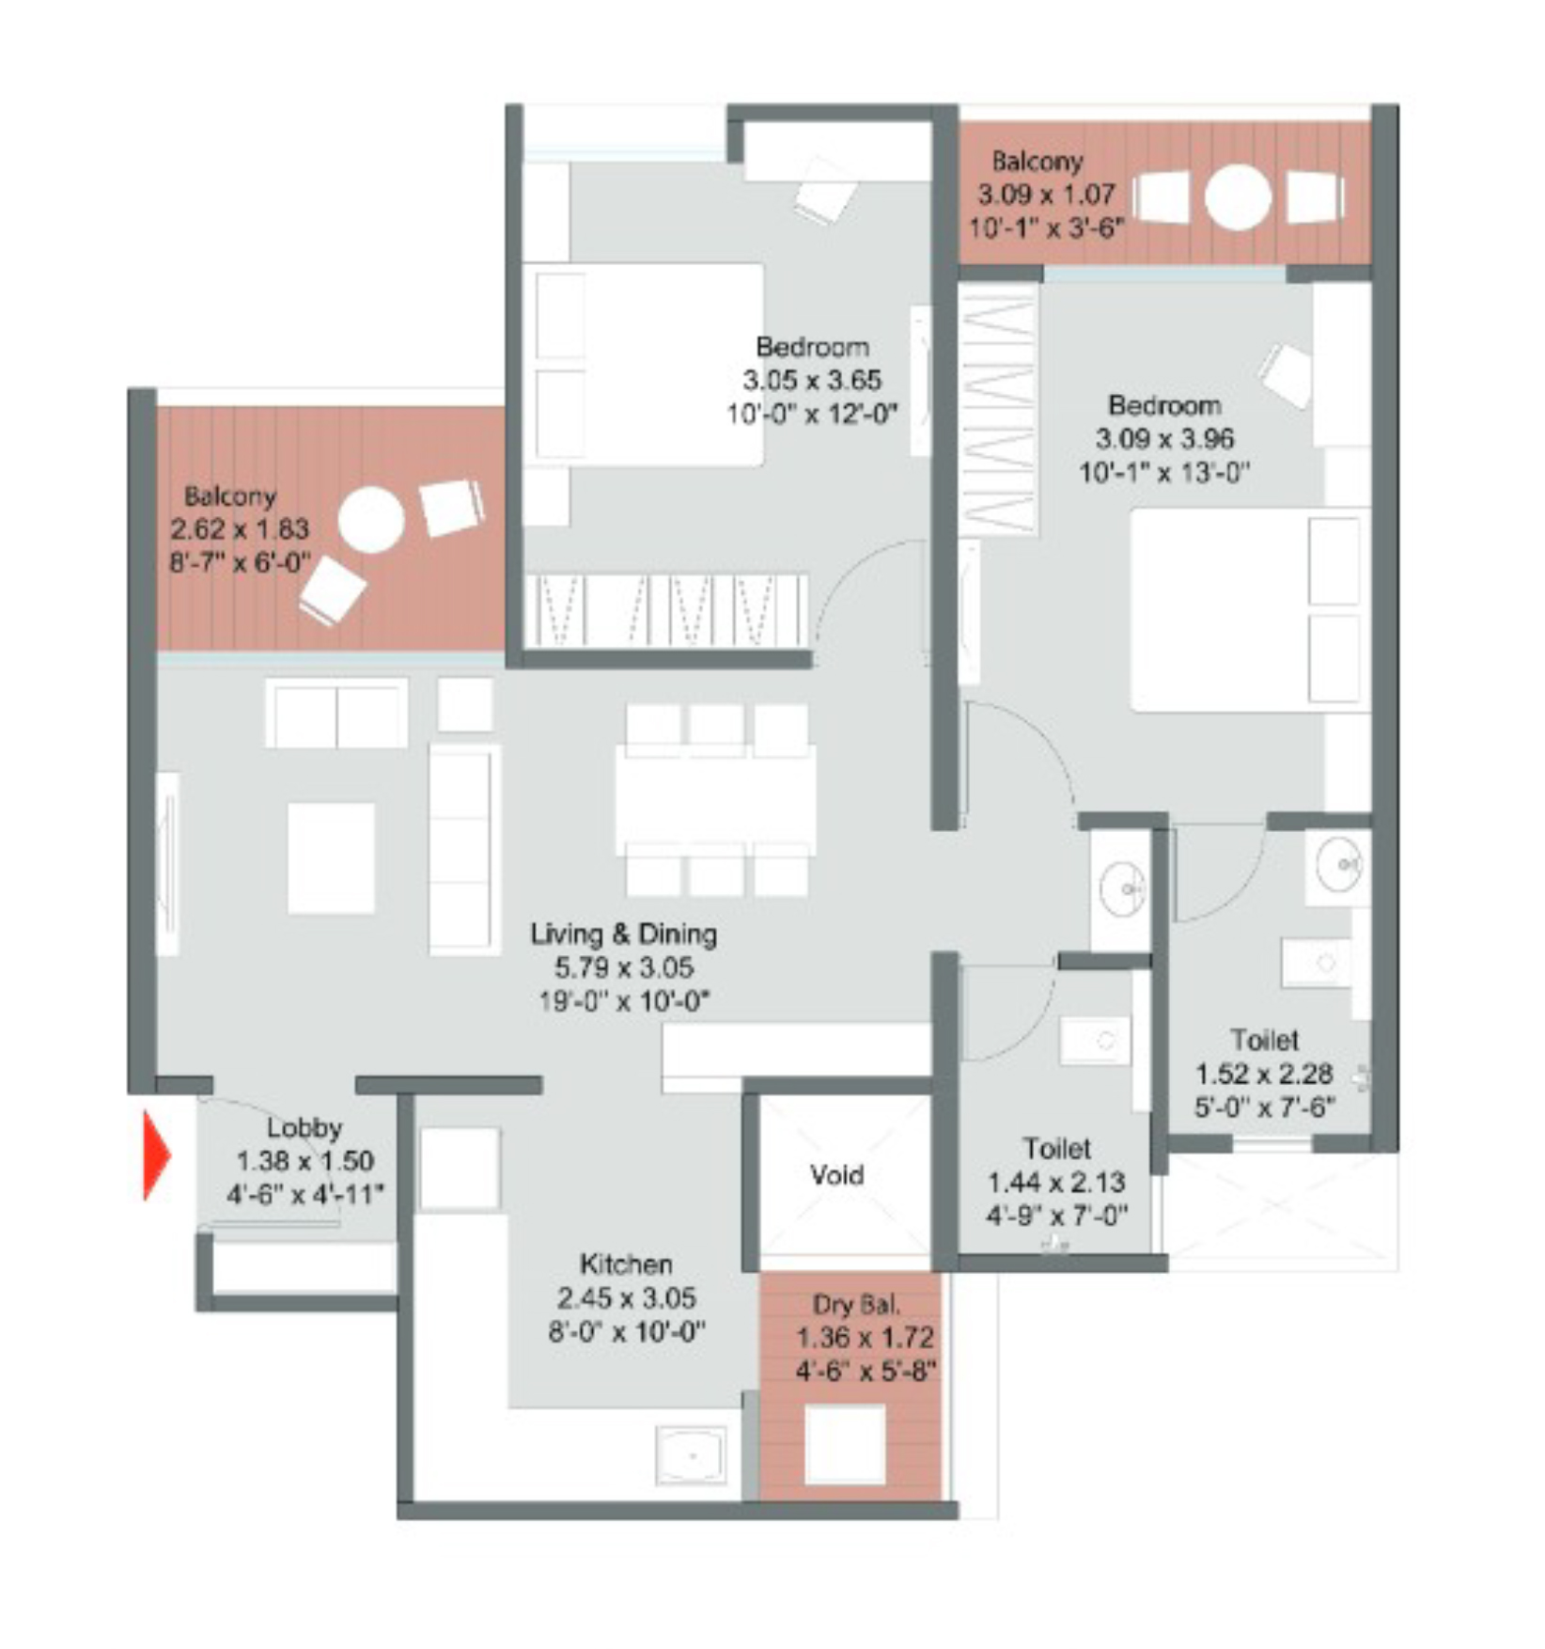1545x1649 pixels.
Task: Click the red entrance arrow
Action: [156, 1155]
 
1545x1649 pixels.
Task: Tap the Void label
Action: [836, 1174]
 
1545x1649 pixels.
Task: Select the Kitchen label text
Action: [626, 1264]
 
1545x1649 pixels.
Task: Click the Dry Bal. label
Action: [856, 1304]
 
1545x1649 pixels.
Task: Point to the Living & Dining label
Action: [624, 934]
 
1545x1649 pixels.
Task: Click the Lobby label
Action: [304, 1127]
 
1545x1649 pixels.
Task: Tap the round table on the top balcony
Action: [1238, 197]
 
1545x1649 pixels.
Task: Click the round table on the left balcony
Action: [371, 520]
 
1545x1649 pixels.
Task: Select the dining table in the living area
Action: [715, 800]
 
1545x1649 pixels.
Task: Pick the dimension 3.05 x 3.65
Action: [812, 381]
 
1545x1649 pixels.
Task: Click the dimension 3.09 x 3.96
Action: [1164, 439]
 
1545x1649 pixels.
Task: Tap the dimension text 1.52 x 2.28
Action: [1264, 1074]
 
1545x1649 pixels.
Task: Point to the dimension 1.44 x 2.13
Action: [1056, 1182]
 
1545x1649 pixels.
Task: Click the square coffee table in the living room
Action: [331, 857]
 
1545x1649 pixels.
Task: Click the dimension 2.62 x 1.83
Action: [240, 528]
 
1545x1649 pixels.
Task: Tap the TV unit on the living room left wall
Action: [167, 864]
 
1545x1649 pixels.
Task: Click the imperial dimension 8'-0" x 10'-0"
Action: [627, 1332]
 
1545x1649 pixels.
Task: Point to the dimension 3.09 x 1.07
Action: [1047, 195]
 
